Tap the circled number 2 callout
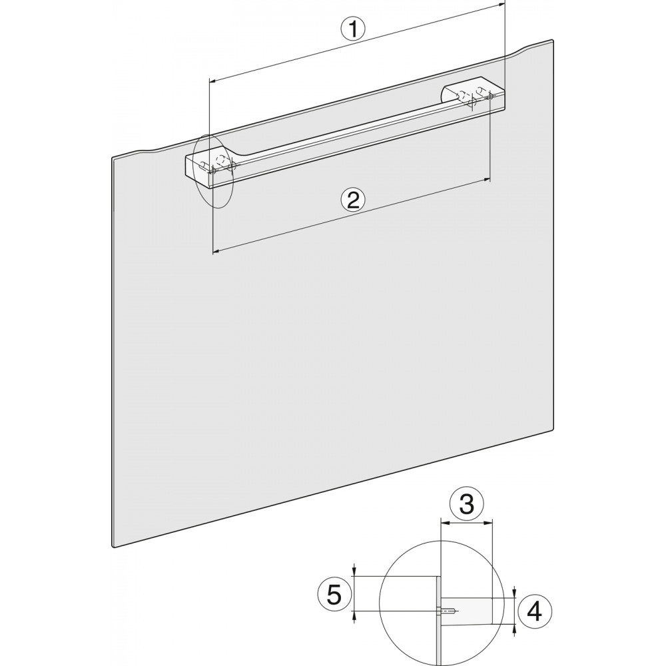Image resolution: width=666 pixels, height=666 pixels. point(353,200)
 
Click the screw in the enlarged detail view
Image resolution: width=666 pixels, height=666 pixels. point(448,611)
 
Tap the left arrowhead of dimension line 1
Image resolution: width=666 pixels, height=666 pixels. point(214,80)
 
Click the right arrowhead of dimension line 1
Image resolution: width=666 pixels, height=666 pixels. point(501,4)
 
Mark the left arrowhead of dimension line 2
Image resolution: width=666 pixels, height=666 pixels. point(216,252)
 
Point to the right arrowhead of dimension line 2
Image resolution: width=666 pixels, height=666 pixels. point(486,180)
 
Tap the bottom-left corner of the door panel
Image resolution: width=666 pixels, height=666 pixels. point(114,546)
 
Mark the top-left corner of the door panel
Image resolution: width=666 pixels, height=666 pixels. point(113,158)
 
